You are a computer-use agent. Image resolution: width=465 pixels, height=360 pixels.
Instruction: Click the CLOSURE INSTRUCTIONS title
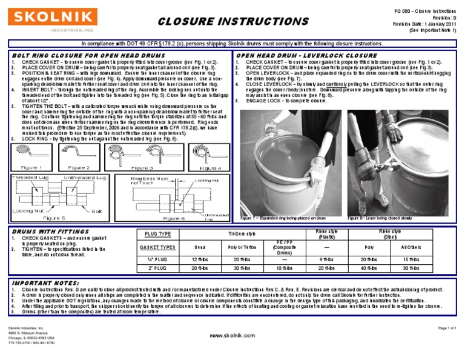tap(232, 22)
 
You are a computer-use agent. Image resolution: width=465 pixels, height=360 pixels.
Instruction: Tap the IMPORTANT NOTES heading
tap(42, 282)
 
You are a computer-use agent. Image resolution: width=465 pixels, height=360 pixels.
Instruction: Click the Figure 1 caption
tap(31, 167)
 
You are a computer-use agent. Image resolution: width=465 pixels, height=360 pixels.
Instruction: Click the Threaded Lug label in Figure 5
tap(28, 177)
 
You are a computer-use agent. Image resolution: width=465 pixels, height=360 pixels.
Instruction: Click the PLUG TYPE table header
tap(159, 234)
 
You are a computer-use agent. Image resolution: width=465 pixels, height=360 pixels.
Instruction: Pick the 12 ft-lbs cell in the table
tap(200, 259)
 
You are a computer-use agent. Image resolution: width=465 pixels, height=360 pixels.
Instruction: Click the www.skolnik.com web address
tap(232, 335)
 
